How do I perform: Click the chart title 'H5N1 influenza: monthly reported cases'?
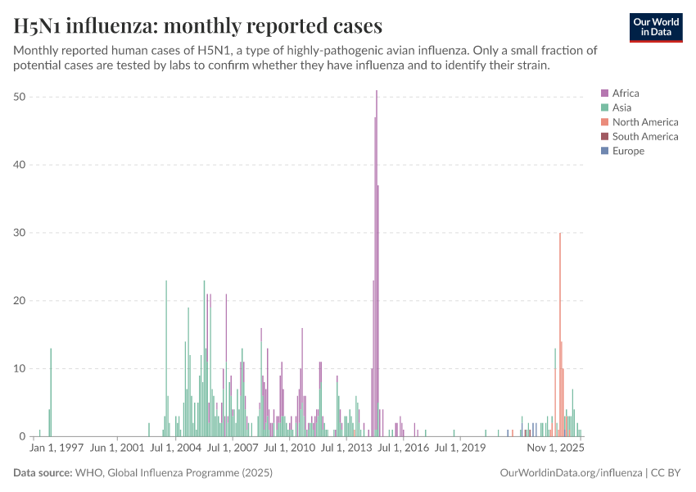pos(198,26)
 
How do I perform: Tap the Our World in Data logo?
pos(655,27)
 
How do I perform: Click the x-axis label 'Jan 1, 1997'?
pos(56,449)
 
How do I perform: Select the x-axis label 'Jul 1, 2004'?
pos(176,449)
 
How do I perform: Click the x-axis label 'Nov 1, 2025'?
pos(555,449)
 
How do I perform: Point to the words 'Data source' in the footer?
pos(43,473)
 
